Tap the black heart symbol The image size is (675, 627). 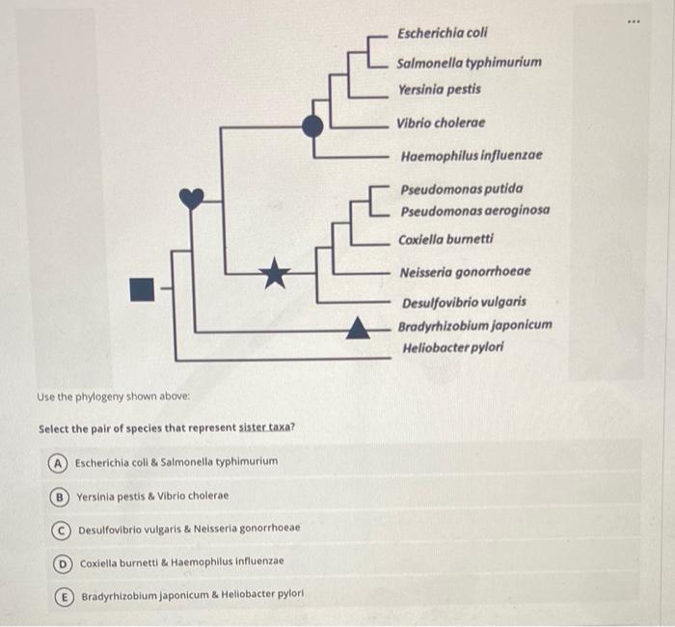192,199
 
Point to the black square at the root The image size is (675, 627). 143,286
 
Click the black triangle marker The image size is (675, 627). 358,330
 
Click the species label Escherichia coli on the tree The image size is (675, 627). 443,34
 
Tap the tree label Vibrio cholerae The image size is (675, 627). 441,123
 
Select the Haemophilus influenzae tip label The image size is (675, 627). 471,154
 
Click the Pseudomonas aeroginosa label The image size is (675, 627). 474,209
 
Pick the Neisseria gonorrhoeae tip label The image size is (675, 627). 465,272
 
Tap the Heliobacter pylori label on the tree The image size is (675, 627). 452,346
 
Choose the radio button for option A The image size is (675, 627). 59,462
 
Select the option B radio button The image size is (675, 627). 61,496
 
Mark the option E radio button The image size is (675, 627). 65,594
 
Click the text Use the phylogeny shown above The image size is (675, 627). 113,396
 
